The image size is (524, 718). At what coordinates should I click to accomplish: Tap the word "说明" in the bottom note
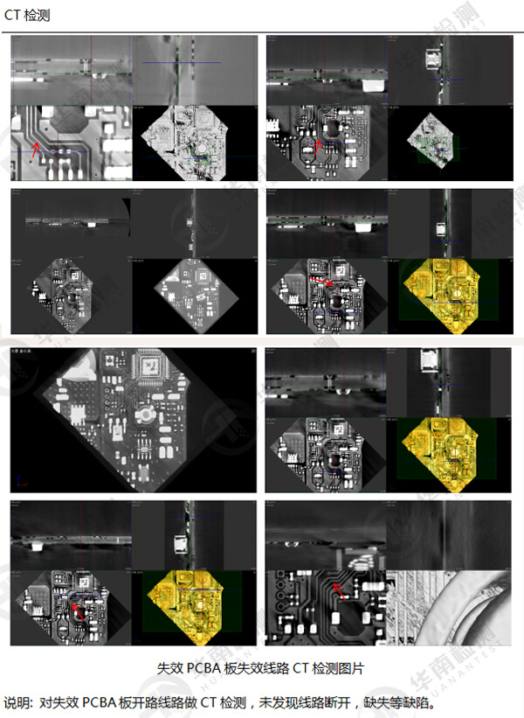[17, 702]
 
